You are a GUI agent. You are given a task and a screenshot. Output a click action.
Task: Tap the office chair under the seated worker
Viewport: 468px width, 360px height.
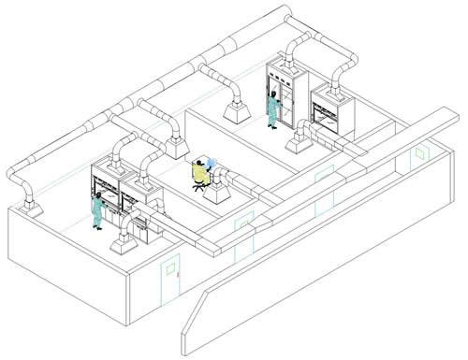click(x=198, y=184)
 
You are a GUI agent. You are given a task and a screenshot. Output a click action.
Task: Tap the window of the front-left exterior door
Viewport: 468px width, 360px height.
click(x=171, y=269)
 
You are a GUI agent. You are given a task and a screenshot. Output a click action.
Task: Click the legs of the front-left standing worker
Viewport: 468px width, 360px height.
click(x=97, y=220)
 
